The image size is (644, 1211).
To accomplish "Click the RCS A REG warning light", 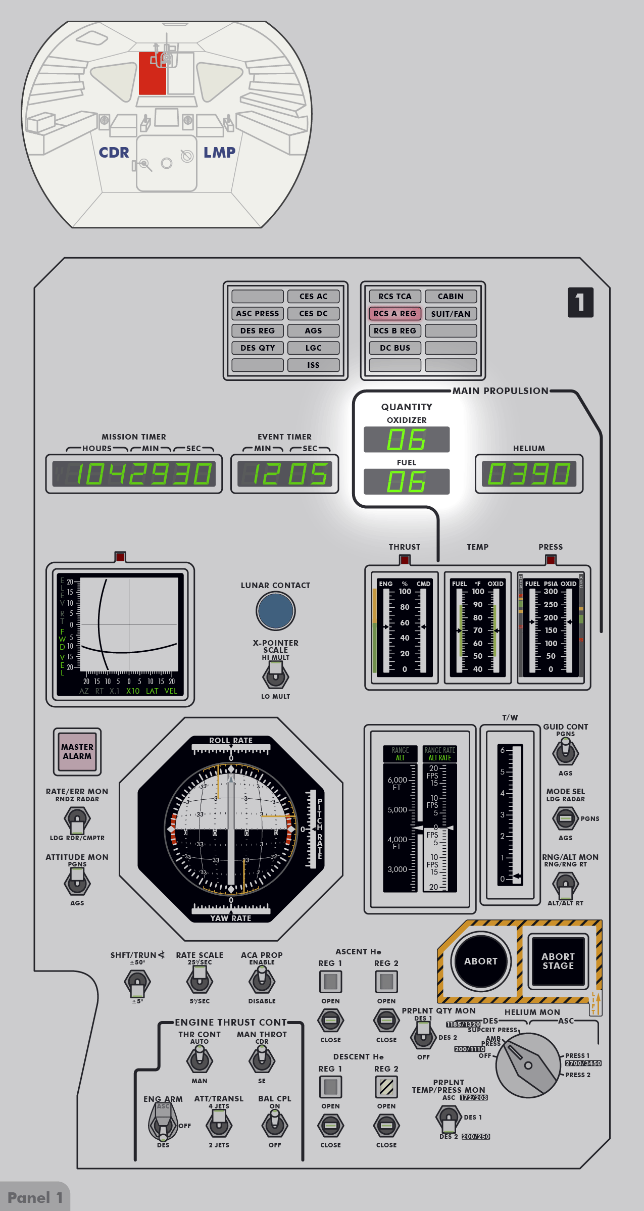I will pos(395,314).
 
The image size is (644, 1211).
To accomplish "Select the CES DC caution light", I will pos(313,314).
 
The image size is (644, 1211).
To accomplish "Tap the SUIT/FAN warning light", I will pos(451,314).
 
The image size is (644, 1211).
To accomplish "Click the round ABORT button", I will pos(480,961).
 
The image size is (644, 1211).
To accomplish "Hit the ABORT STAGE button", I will pos(558,961).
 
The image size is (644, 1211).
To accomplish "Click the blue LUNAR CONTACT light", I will pos(275,611).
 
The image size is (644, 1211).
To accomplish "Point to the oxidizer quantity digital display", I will pos(407,440).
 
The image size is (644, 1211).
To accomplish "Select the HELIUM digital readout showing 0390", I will pos(529,474).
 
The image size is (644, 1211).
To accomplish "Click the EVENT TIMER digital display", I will pos(284,474).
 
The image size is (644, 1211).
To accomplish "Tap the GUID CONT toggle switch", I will pos(565,752).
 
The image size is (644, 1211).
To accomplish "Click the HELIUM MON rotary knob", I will pos(528,1065).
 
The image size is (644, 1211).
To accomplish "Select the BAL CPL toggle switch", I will pos(275,1125).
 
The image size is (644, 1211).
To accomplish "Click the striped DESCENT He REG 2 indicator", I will pos(386,1087).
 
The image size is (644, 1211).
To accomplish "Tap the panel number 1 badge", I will pos(580,302).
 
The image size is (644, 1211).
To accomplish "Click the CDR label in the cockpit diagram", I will pos(114,153).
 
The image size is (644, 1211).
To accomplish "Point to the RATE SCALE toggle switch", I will pos(200,981).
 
